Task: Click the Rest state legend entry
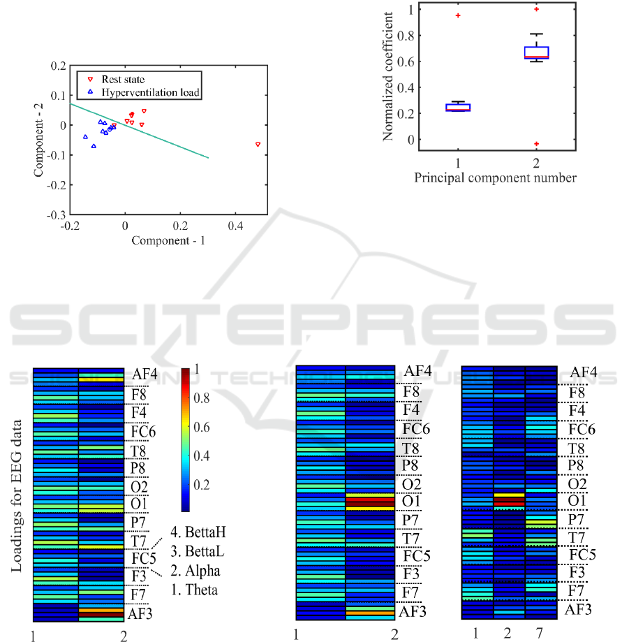[122, 78]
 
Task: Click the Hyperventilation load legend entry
[144, 92]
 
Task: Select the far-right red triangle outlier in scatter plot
[258, 144]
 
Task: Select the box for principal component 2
[536, 52]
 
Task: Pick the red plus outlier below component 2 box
[536, 144]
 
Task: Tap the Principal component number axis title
[495, 177]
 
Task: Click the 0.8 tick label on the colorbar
[202, 398]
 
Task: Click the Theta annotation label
[195, 590]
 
